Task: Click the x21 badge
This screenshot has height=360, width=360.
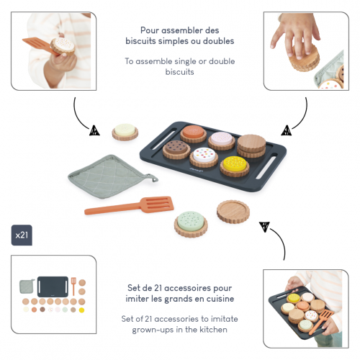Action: coord(22,235)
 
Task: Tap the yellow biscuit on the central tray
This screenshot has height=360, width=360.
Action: coord(235,166)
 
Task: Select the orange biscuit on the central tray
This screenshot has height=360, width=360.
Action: coord(194,134)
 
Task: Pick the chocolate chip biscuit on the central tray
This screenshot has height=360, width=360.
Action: coord(176,149)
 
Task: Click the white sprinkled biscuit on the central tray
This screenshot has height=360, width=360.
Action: coord(204,157)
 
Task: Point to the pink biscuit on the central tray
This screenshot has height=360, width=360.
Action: coord(221,141)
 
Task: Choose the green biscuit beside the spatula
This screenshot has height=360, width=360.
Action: coord(191,224)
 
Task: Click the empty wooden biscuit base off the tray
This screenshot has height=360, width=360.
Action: coord(233,212)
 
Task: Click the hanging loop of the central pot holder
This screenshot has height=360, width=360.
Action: coord(153,178)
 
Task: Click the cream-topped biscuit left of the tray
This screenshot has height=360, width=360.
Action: coord(125,132)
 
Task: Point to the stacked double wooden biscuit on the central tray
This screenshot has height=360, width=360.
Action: coord(251,146)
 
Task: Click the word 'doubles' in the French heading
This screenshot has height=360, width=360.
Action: coord(218,41)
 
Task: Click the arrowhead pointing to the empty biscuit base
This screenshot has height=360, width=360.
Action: coord(264,227)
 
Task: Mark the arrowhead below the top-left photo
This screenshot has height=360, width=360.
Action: coord(94,130)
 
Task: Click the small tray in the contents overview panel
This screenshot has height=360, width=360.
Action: coord(53,287)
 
